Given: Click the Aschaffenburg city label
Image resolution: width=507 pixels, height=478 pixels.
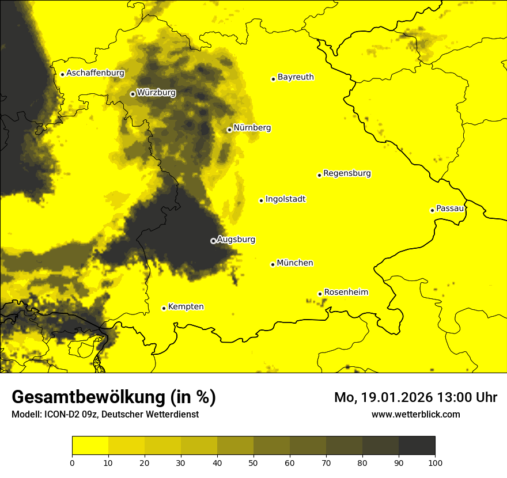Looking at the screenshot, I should [x=95, y=73].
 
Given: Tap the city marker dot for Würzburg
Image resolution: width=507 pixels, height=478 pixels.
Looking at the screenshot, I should [x=133, y=94].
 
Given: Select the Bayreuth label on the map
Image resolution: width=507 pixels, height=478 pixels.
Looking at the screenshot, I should [x=296, y=77].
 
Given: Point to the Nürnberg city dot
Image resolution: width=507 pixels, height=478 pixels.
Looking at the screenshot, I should [x=229, y=130].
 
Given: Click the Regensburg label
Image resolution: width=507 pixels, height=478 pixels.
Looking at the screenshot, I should [x=347, y=173].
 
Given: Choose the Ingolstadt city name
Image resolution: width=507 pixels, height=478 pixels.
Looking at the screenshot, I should [x=285, y=199].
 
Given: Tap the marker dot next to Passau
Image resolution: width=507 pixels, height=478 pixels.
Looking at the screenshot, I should [x=432, y=210].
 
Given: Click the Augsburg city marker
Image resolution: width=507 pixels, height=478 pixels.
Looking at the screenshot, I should [x=213, y=241].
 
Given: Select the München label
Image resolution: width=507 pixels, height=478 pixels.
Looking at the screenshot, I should [x=295, y=263].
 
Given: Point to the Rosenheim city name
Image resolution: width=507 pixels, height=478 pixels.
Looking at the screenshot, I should [x=346, y=293].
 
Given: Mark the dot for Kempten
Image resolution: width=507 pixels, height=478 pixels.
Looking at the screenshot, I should [x=164, y=308].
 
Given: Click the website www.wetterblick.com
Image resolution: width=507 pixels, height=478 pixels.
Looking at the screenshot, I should [x=415, y=414].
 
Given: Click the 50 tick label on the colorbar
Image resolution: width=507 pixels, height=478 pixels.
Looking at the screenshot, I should [x=253, y=462].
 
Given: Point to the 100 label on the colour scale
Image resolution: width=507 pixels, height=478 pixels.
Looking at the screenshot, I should [x=435, y=462].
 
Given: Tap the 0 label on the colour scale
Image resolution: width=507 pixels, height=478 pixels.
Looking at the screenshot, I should [x=72, y=462].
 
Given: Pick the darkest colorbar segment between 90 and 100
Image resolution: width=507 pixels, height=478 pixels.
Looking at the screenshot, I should [x=417, y=446].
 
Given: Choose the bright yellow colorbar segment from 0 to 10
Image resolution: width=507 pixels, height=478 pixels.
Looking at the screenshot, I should [x=90, y=446].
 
